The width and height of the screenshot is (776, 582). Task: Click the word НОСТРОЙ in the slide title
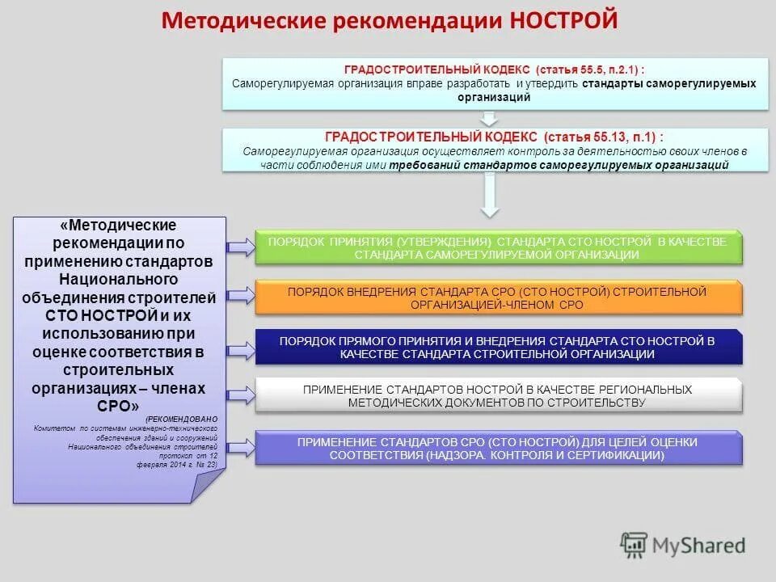point(564,19)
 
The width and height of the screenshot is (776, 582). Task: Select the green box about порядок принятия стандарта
point(498,249)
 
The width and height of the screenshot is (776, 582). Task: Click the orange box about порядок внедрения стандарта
point(498,298)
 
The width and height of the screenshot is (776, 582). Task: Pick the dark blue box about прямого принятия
point(498,348)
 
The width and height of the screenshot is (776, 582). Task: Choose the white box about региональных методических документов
point(498,396)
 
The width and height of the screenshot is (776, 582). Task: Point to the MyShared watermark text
point(700,546)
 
